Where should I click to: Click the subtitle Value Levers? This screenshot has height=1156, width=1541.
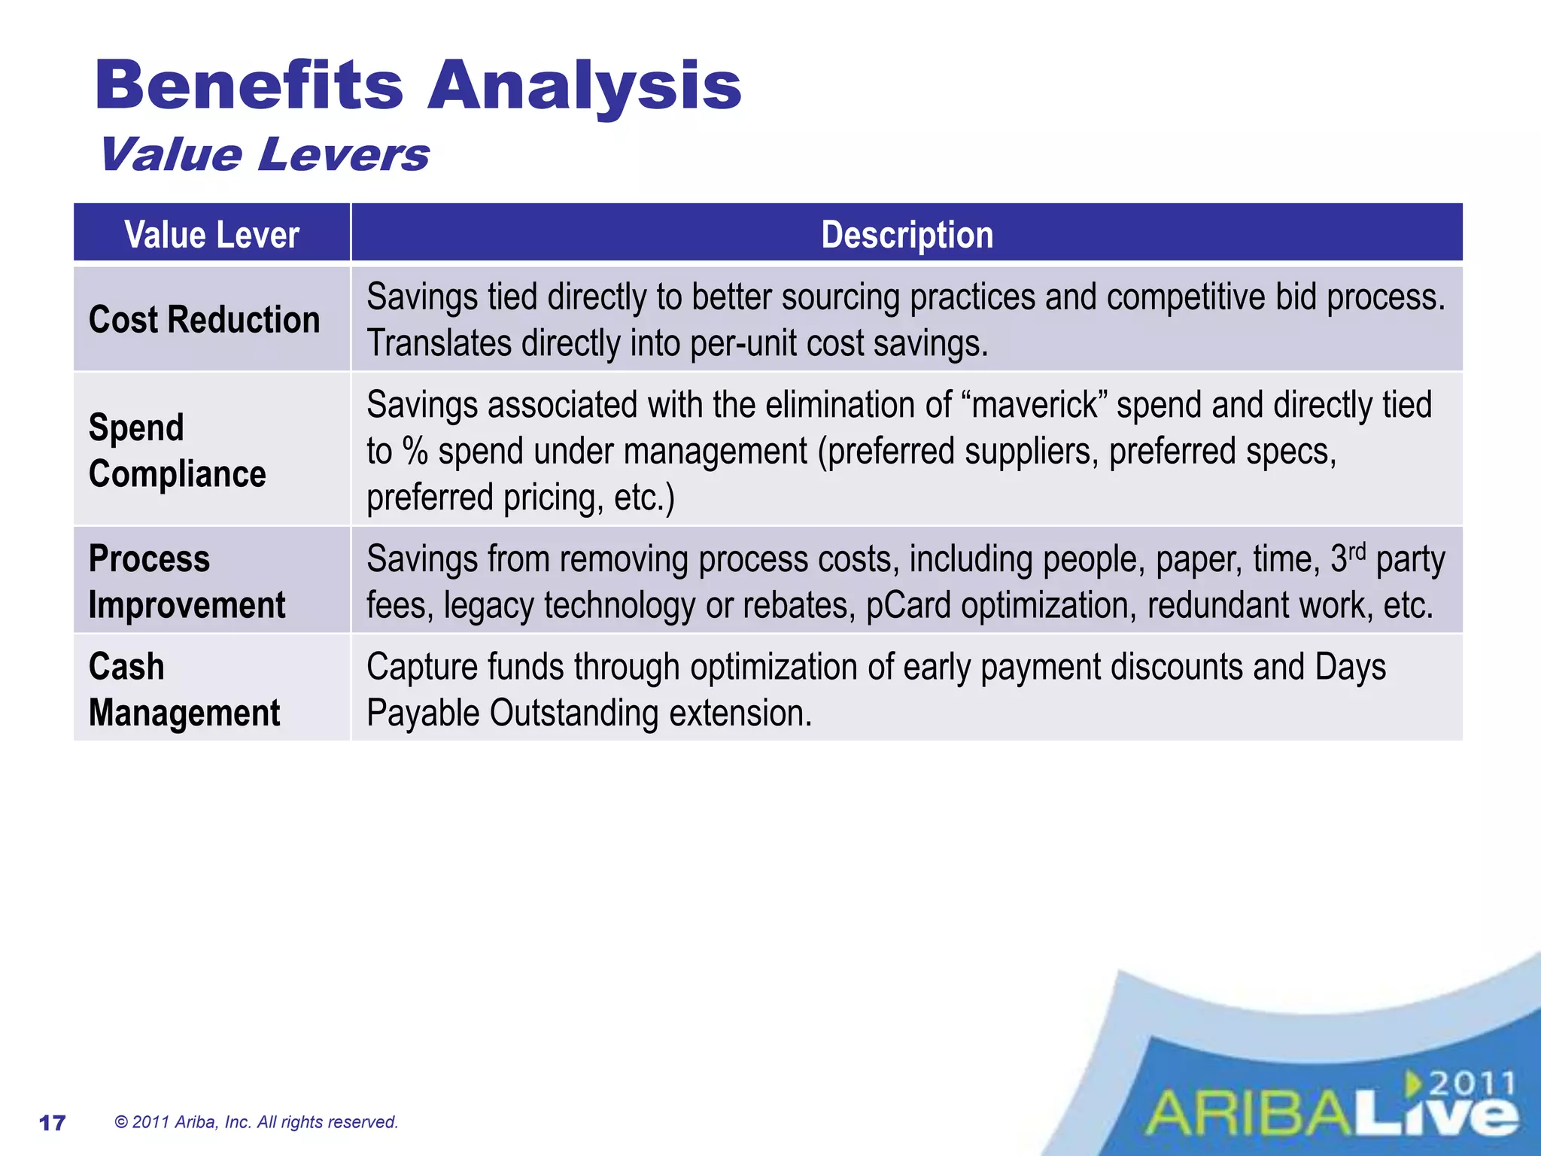[x=265, y=155]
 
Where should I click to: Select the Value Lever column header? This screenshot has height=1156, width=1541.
[x=211, y=234]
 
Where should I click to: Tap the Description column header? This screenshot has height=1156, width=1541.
[x=907, y=234]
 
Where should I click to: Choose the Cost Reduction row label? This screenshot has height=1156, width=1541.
[x=204, y=319]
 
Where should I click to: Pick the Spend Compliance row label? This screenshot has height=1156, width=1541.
[x=178, y=450]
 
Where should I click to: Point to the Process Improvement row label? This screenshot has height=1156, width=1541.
[x=187, y=581]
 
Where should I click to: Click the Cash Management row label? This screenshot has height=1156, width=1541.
[x=184, y=689]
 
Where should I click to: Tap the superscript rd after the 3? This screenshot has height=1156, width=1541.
[x=1356, y=552]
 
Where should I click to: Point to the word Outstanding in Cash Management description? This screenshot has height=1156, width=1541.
[x=574, y=713]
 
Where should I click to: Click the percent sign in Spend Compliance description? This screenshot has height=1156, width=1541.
[x=415, y=452]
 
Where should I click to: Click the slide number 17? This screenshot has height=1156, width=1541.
[x=52, y=1123]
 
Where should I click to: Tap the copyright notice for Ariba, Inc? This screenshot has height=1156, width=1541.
[x=256, y=1122]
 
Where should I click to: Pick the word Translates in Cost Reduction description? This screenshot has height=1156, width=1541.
[x=439, y=344]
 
